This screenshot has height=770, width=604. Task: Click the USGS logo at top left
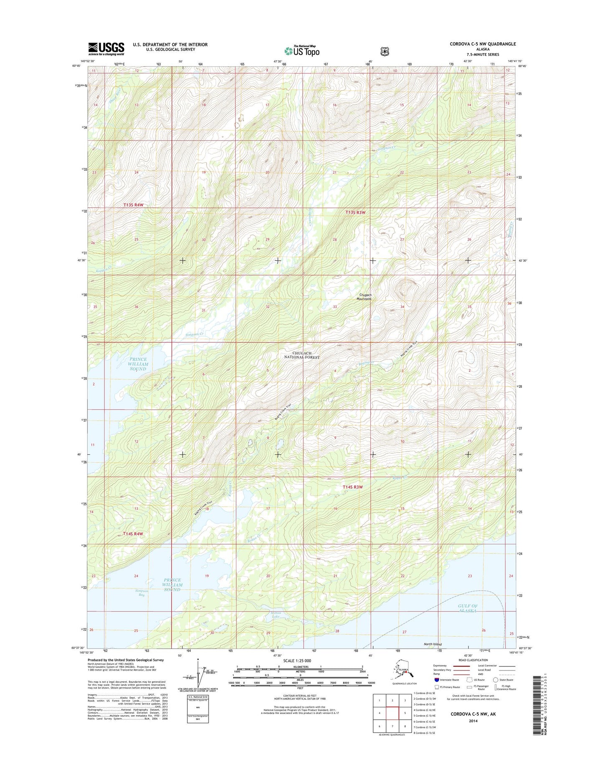[x=106, y=48]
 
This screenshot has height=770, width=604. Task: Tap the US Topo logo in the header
[x=302, y=51]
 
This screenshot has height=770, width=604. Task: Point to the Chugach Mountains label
[x=364, y=297]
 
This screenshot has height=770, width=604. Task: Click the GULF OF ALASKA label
[x=467, y=608]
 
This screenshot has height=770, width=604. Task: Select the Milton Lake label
[x=275, y=614]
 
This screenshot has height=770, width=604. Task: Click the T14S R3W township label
[x=352, y=487]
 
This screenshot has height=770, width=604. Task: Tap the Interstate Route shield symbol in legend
[x=437, y=680]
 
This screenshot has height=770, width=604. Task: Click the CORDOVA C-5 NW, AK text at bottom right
[x=473, y=714]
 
